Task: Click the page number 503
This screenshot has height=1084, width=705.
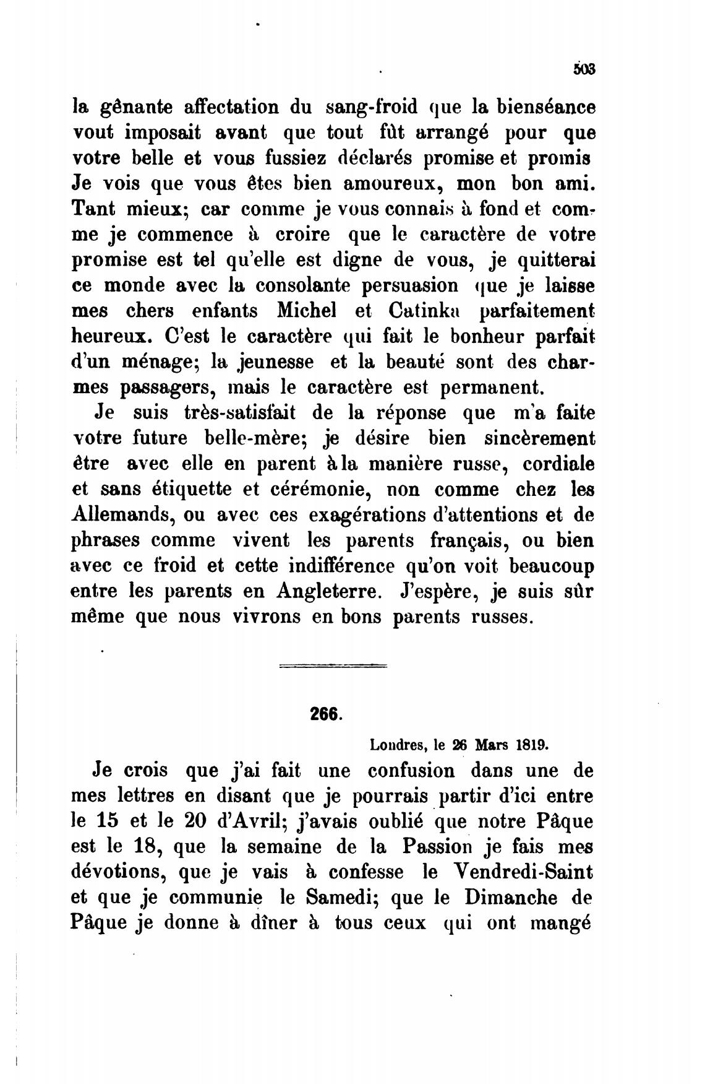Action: (584, 69)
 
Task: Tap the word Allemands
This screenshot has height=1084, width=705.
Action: (137, 515)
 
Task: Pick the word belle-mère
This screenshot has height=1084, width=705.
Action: (256, 438)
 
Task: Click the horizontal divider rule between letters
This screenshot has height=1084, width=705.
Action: (333, 666)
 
